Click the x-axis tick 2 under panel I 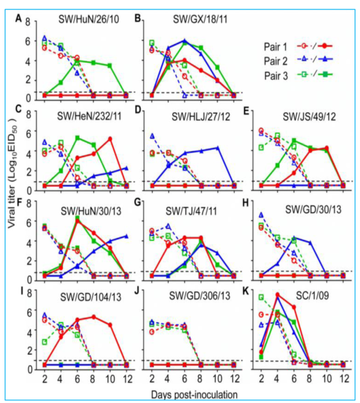pyautogui.click(x=44, y=378)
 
